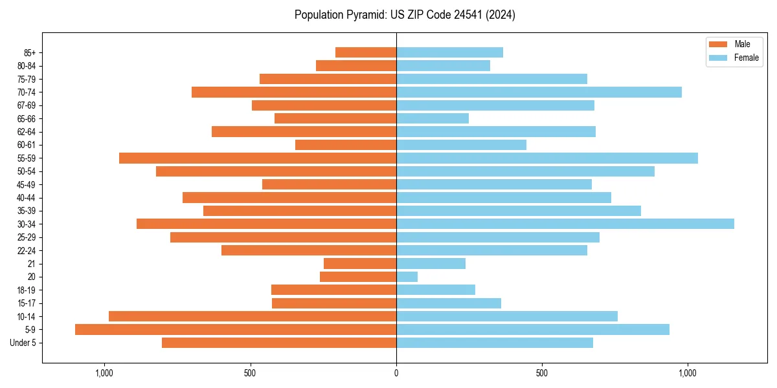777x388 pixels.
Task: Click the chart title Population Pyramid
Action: tap(405, 15)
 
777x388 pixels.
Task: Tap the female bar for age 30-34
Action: tap(565, 224)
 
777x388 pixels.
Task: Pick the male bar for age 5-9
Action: tap(236, 329)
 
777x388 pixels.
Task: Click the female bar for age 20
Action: tap(407, 277)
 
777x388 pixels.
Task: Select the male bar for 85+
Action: tap(366, 52)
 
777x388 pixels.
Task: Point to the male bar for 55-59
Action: tap(258, 158)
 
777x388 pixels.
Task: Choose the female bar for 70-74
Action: tap(539, 92)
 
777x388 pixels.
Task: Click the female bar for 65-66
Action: tap(433, 118)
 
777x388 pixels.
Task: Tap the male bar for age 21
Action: tap(360, 263)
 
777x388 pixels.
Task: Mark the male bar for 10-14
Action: tap(253, 316)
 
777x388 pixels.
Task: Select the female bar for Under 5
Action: tap(495, 343)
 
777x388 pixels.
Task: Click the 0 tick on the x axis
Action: tap(396, 372)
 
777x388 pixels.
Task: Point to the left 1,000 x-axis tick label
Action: tap(104, 372)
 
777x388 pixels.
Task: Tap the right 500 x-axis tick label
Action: tap(542, 372)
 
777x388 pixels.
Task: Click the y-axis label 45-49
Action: tap(26, 184)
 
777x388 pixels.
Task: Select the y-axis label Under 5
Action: tap(23, 343)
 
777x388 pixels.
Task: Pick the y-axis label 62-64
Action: tap(26, 131)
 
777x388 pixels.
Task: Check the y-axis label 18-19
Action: tap(26, 290)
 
